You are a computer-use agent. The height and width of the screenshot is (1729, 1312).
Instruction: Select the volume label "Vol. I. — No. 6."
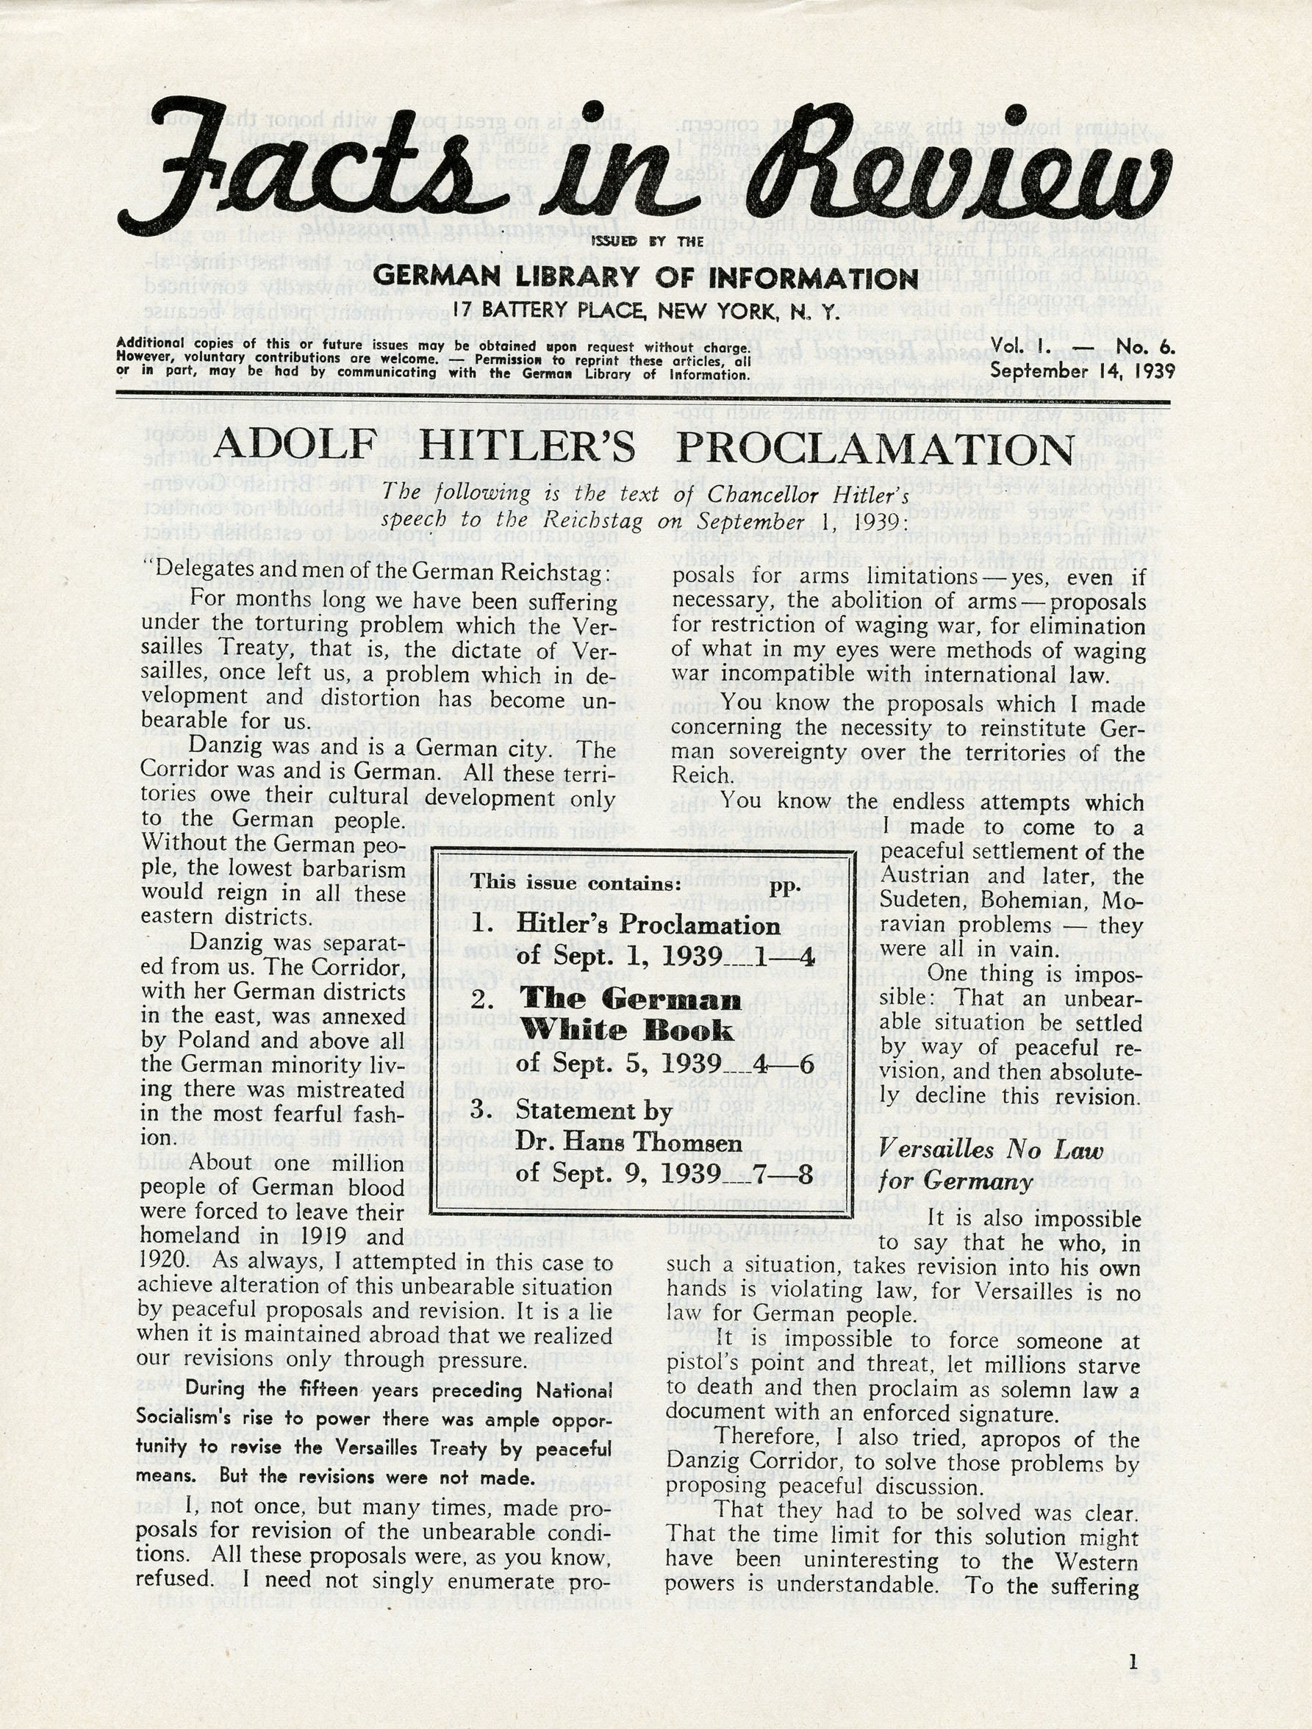(1082, 348)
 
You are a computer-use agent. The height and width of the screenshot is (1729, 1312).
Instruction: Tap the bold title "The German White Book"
(631, 1014)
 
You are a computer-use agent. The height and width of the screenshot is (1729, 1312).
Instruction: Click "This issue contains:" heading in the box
(576, 884)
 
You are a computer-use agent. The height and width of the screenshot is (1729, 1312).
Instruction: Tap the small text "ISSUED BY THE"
(647, 242)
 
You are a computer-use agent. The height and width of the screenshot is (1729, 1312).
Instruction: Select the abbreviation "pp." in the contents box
(781, 886)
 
